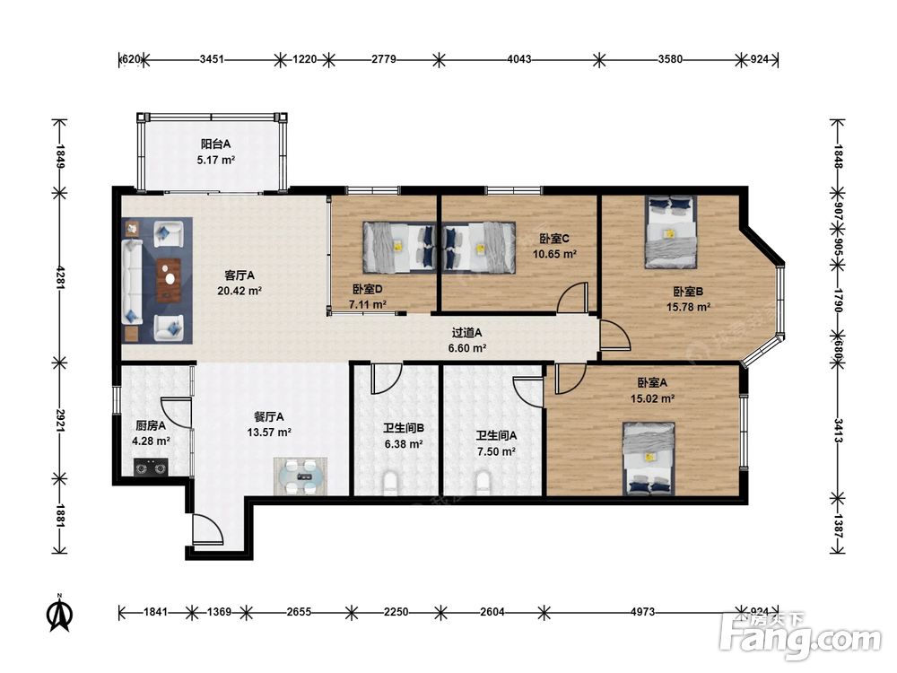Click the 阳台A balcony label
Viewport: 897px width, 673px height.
215,144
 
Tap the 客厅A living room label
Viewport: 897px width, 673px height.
239,275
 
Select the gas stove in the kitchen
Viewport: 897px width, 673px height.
151,467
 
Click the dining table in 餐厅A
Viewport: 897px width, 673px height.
300,476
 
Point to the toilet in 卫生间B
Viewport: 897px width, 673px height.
390,483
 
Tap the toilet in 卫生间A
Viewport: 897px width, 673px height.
483,483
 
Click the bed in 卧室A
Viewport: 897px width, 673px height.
649,459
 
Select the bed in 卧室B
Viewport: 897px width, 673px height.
670,232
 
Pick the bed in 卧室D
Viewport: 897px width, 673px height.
399,248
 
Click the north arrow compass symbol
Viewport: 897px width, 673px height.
59,612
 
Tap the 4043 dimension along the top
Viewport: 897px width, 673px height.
518,59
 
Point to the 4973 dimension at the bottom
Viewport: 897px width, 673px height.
642,612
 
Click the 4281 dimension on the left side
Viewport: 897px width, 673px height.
60,275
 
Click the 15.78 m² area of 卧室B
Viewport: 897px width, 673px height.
688,307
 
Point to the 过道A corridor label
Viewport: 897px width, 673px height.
466,333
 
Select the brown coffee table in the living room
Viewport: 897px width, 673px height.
169,280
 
